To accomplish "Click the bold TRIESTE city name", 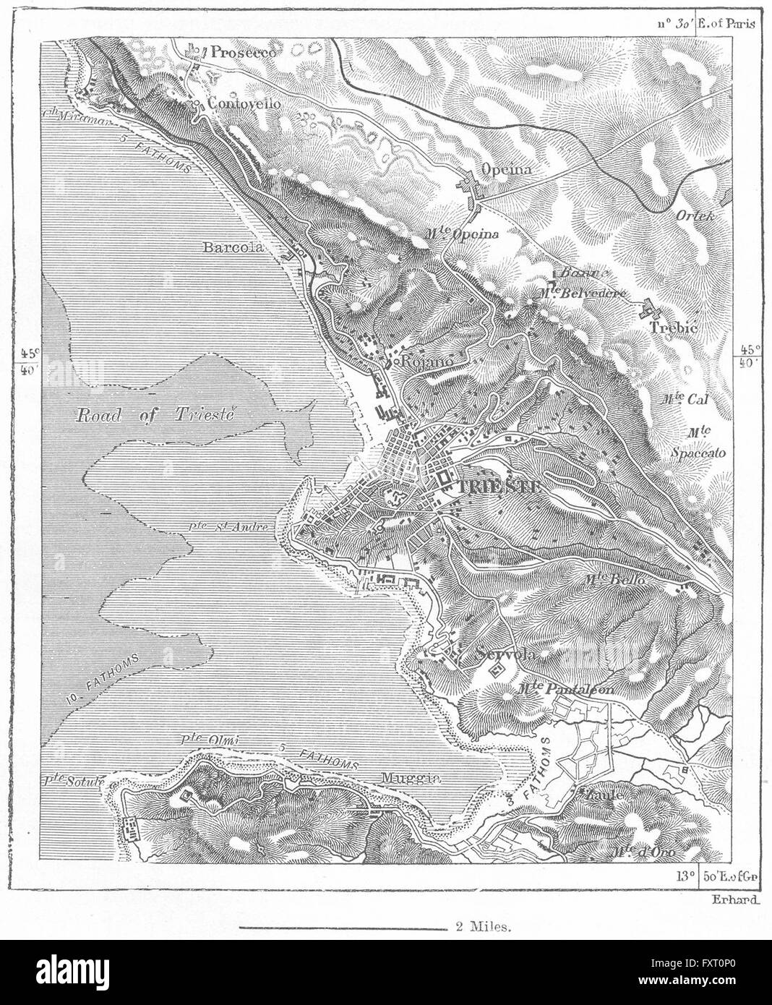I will pyautogui.click(x=498, y=487).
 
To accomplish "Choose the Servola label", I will pyautogui.click(x=505, y=655).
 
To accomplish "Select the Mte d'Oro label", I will pyautogui.click(x=643, y=852).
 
